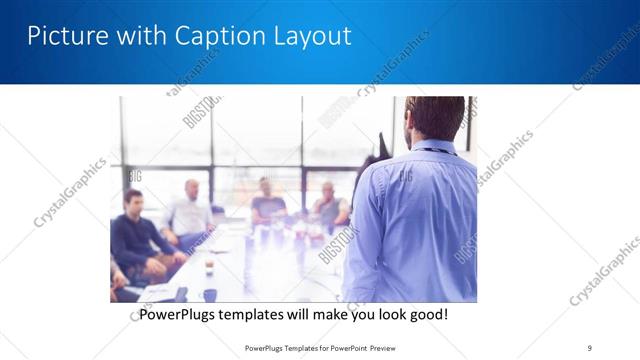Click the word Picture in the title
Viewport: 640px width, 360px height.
(61, 36)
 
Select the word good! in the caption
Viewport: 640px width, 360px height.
(428, 315)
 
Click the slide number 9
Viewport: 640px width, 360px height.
(589, 347)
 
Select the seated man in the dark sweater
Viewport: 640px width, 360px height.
(136, 235)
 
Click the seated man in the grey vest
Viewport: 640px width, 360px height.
(329, 205)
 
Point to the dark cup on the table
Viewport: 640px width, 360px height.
(209, 294)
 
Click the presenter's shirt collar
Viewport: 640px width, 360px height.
(433, 149)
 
